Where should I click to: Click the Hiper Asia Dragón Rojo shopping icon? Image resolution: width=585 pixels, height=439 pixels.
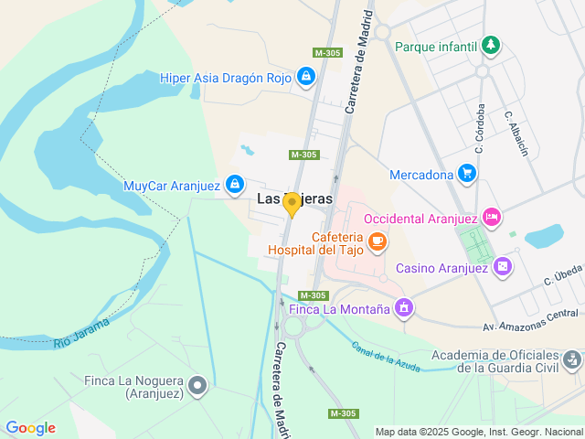coord(305,79)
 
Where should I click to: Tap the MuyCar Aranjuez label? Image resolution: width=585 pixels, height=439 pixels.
coord(172,186)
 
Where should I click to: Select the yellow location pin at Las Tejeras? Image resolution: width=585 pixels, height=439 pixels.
coord(292,204)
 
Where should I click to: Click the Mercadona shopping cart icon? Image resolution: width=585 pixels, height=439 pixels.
coord(467,174)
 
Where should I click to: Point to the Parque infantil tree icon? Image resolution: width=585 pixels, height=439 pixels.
coord(492,45)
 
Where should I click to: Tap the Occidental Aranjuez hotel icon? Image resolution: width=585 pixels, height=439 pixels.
coord(492,218)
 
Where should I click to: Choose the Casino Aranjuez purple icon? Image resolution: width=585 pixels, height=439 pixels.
coord(501,267)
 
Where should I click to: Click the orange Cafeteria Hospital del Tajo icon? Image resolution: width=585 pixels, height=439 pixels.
coord(378,241)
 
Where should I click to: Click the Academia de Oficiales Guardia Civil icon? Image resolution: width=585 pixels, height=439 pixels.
coord(572,360)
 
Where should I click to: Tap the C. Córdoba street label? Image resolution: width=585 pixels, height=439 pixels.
coord(479,128)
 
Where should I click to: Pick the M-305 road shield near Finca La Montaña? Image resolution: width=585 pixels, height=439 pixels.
coord(314,295)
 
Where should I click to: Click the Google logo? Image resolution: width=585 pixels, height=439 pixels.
coord(30,428)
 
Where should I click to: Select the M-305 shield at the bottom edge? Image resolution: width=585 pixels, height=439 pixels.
coord(343,414)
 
